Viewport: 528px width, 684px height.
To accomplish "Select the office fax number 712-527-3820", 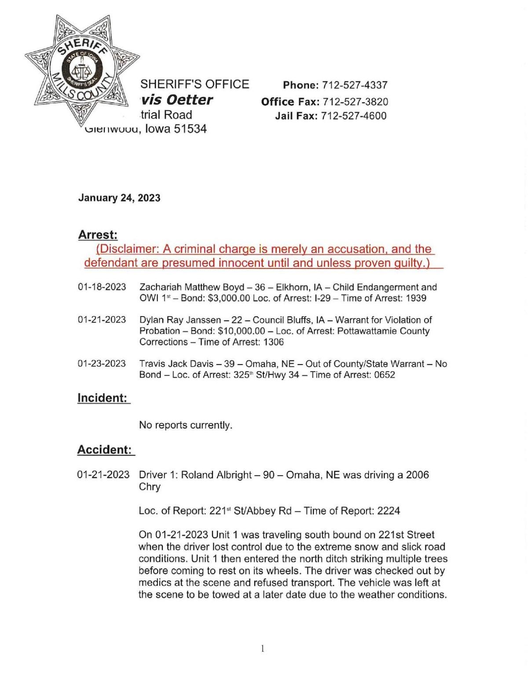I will point(356,102).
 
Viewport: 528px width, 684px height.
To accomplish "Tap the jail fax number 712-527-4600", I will point(354,116).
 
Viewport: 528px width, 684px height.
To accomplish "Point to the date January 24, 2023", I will point(119,198).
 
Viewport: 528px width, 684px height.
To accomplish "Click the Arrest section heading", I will point(98,235).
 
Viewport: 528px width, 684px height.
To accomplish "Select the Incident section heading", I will point(103,398).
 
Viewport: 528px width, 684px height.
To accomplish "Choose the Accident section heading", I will point(105,450).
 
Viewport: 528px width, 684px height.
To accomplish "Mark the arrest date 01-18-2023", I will point(102,287).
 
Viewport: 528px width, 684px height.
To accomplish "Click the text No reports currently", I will point(186,425).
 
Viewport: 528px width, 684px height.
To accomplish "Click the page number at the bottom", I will point(263,648).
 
